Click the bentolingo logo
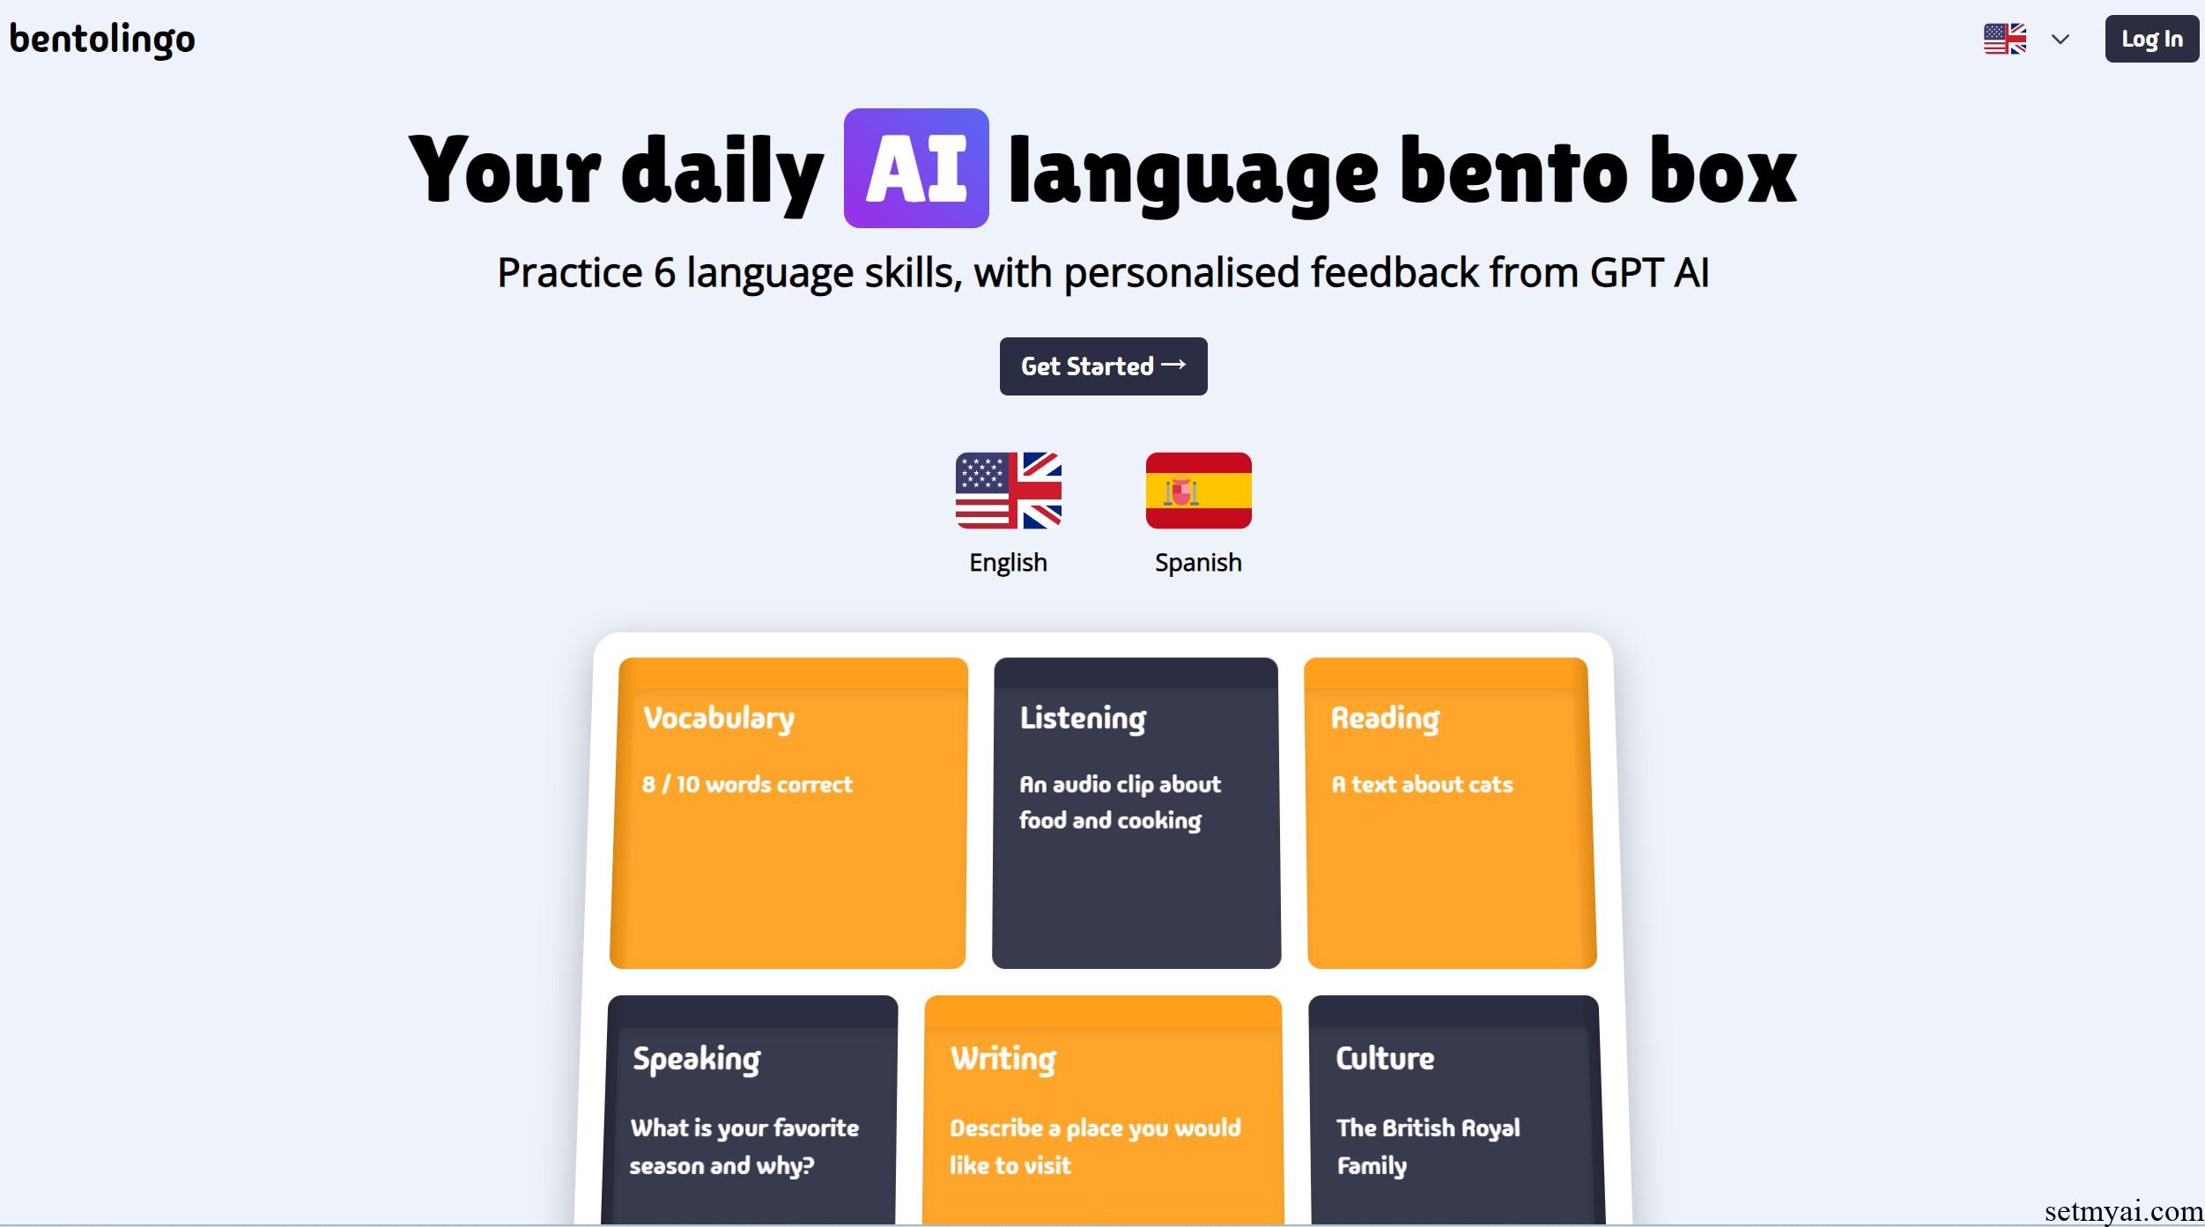pyautogui.click(x=102, y=40)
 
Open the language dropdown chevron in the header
pyautogui.click(x=2060, y=39)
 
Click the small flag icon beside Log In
pyautogui.click(x=2005, y=39)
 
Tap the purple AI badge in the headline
pyautogui.click(x=916, y=168)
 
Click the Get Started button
pyautogui.click(x=1103, y=366)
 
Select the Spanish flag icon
pyautogui.click(x=1198, y=491)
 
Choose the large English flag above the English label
pyautogui.click(x=1009, y=491)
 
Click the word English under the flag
pyautogui.click(x=1008, y=563)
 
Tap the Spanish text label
pyautogui.click(x=1198, y=563)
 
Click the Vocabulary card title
pyautogui.click(x=719, y=719)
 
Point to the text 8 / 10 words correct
pyautogui.click(x=747, y=784)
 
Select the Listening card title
pyautogui.click(x=1084, y=719)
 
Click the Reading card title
pyautogui.click(x=1386, y=719)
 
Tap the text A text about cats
pyautogui.click(x=1422, y=784)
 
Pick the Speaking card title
pyautogui.click(x=697, y=1059)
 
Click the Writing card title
pyautogui.click(x=1003, y=1059)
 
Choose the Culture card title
pyautogui.click(x=1385, y=1058)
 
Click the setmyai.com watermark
pyautogui.click(x=2123, y=1212)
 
